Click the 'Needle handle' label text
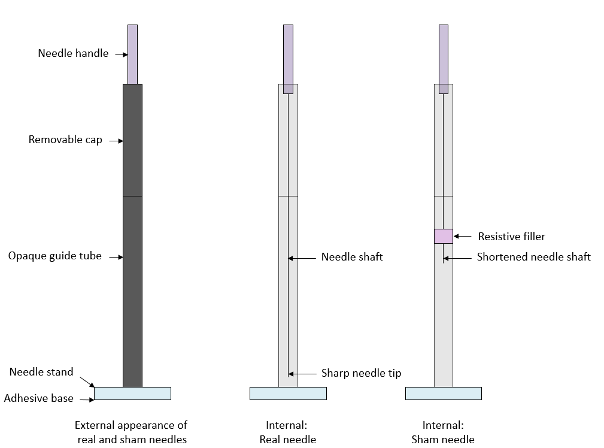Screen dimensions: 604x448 [x=73, y=53]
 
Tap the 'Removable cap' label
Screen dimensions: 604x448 [x=65, y=140]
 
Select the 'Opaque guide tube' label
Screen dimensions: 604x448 [x=54, y=256]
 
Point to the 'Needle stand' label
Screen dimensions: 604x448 [x=41, y=372]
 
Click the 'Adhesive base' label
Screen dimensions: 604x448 [x=38, y=398]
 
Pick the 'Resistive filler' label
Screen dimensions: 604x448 [x=512, y=237]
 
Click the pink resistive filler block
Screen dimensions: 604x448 [x=444, y=237]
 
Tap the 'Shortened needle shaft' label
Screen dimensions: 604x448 [x=534, y=257]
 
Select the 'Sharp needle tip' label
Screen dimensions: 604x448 [x=362, y=373]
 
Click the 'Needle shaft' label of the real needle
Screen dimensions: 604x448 [x=352, y=257]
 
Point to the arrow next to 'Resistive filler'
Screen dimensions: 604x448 [x=462, y=237]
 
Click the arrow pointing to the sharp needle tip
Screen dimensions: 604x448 [x=302, y=374]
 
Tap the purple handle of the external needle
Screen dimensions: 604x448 [x=132, y=55]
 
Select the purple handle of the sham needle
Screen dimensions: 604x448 [x=444, y=59]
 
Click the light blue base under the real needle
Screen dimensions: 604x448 [x=288, y=393]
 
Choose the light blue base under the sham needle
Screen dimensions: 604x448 [x=444, y=393]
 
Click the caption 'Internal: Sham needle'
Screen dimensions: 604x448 [x=443, y=432]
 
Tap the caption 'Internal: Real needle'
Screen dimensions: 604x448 [x=287, y=432]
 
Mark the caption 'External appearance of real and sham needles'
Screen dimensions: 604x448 [x=131, y=432]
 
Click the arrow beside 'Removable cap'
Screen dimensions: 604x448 [x=116, y=141]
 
